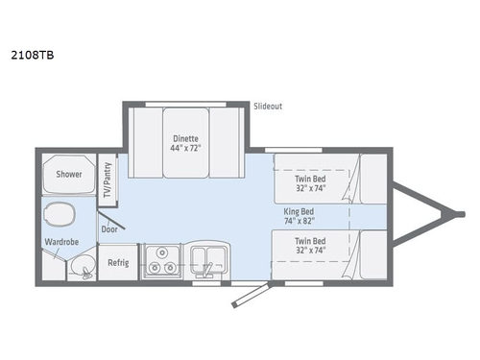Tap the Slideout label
coord(267,106)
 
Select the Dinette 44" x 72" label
coord(184,143)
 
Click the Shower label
coord(68,174)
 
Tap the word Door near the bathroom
coord(109,228)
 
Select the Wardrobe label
coord(60,243)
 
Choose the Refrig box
coord(117,262)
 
